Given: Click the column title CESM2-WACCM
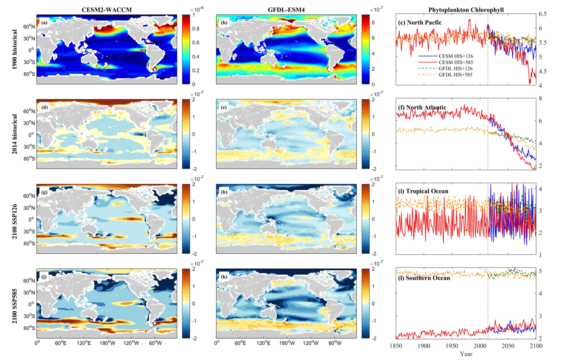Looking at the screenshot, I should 107,8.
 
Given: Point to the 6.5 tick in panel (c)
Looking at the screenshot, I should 543,14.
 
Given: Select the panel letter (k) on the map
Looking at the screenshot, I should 223,273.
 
